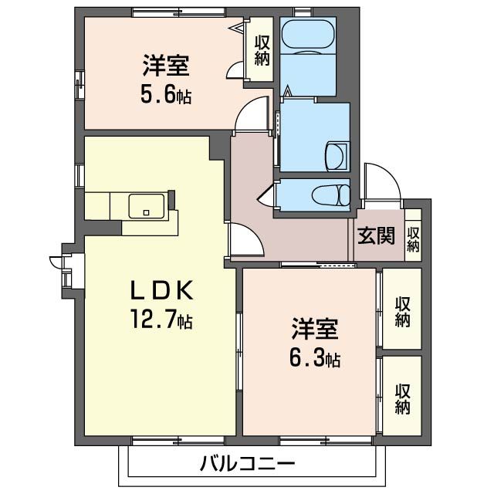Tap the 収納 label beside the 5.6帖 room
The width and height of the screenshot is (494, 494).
[x=262, y=50]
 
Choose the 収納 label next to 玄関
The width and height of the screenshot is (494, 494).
[x=414, y=239]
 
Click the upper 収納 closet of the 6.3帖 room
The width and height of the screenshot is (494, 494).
[x=402, y=310]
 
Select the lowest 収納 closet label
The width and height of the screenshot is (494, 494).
[x=402, y=397]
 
